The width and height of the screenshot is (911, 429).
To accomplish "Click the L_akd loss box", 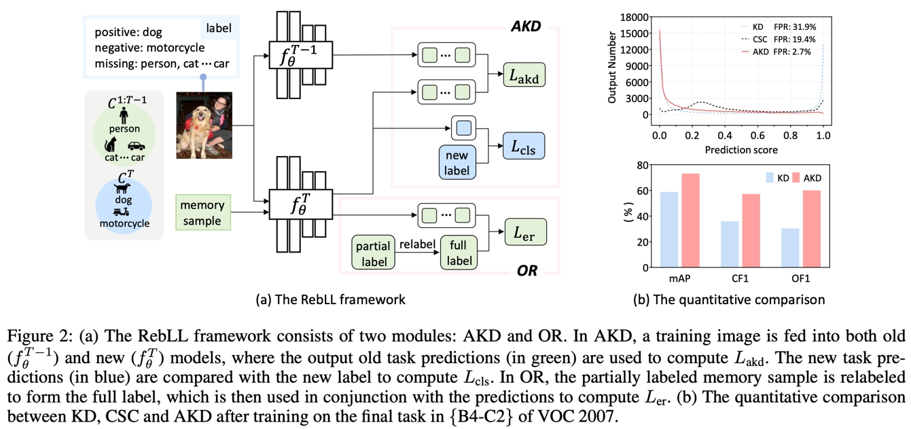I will coord(524,75).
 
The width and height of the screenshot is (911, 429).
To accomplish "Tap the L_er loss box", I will coord(524,232).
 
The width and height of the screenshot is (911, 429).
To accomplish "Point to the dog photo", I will coord(204,125).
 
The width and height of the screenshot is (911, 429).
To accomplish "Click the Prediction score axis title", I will coord(741,149).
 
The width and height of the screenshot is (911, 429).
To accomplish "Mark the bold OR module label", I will coord(526,271).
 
